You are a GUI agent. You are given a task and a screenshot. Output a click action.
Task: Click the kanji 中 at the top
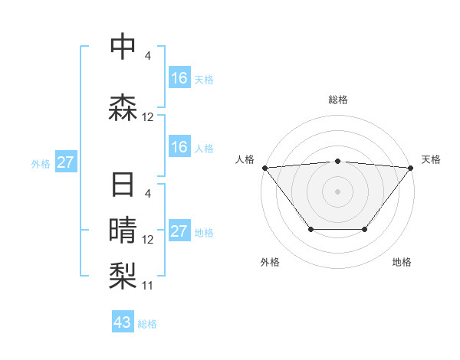tap(123, 47)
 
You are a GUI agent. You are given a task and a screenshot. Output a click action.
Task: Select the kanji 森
tap(123, 108)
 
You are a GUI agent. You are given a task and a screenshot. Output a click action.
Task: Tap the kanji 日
tap(123, 185)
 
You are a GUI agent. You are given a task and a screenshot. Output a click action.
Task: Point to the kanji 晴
tap(123, 229)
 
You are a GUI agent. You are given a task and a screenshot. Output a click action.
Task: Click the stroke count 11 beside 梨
tap(148, 286)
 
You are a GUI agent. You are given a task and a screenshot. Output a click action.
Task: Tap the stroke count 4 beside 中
tap(147, 56)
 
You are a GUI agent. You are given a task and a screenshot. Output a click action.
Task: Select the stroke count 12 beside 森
tap(148, 117)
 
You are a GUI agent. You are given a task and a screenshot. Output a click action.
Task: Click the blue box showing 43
tap(123, 322)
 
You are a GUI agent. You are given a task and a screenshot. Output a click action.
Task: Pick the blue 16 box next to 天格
tap(179, 78)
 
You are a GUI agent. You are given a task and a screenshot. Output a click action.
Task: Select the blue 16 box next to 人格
tap(179, 147)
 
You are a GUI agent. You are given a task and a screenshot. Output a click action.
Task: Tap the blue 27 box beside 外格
tap(66, 162)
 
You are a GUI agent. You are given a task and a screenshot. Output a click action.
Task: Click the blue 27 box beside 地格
tap(179, 231)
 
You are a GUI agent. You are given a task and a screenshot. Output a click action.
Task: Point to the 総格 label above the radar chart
tap(338, 100)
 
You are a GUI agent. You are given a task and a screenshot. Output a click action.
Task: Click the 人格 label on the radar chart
tap(245, 159)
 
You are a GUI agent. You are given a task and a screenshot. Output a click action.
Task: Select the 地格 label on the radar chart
tap(402, 263)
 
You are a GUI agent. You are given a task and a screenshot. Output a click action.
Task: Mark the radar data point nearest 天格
tap(411, 167)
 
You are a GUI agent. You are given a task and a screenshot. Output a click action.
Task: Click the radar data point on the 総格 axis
tap(338, 161)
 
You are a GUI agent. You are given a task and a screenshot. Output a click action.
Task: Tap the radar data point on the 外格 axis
tap(310, 229)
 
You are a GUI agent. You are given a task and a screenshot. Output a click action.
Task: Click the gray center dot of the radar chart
tap(338, 191)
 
